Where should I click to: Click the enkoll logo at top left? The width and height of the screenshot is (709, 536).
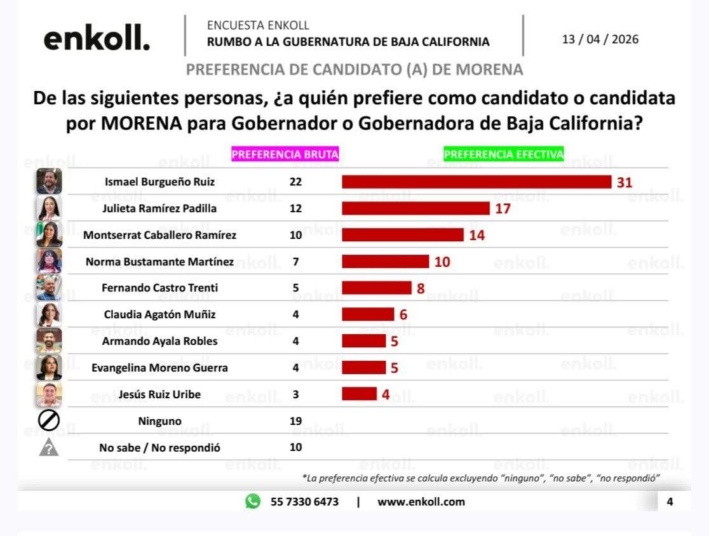(x=97, y=39)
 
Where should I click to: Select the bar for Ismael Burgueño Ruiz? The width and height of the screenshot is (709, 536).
(x=476, y=182)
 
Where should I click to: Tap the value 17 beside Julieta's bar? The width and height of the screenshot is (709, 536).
(x=503, y=208)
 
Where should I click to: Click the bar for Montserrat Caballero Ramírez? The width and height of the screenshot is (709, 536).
(x=403, y=235)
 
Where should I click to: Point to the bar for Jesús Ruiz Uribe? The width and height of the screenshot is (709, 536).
(x=359, y=394)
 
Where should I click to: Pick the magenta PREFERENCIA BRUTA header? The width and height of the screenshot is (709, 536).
(x=285, y=154)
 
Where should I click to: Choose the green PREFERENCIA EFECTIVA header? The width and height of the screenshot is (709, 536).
(x=504, y=154)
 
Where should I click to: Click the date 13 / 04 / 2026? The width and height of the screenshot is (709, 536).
(x=600, y=39)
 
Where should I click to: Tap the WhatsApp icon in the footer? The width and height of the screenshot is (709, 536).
(x=253, y=502)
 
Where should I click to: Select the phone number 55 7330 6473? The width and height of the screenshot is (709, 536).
(x=304, y=502)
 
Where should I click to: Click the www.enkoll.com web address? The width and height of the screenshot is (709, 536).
(x=421, y=502)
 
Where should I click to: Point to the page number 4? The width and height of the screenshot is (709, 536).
(x=670, y=502)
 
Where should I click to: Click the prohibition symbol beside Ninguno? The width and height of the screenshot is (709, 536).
(x=49, y=420)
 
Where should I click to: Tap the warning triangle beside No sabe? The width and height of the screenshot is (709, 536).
(x=49, y=448)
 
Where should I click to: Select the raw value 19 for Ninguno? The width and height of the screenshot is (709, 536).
(x=295, y=421)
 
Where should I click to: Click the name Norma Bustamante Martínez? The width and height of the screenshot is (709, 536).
(x=159, y=262)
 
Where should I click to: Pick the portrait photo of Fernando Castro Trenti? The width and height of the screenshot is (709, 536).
(x=49, y=288)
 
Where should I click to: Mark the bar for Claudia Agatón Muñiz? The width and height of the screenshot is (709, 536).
(x=368, y=314)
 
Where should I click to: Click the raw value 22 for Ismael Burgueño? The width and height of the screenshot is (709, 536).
(x=295, y=182)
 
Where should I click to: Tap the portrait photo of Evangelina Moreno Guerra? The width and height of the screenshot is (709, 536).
(x=49, y=368)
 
